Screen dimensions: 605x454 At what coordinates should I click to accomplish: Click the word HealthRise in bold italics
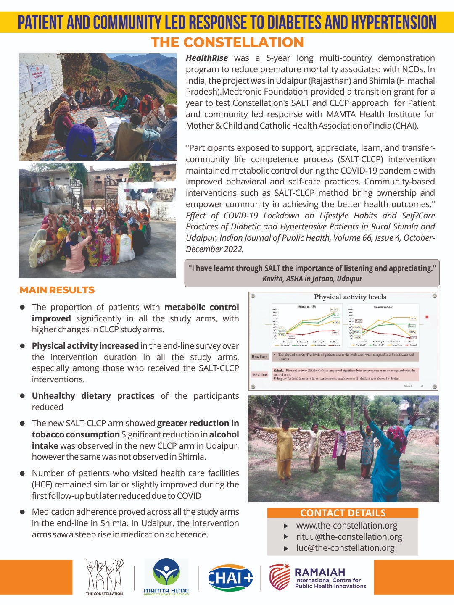[x=207, y=58]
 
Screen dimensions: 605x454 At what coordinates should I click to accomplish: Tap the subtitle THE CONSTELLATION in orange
[x=227, y=42]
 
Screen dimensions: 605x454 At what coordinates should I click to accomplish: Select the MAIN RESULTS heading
[x=57, y=290]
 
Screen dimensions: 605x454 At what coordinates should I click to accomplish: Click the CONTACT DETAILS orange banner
[x=343, y=513]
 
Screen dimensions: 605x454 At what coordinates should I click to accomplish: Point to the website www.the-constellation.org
[x=346, y=526]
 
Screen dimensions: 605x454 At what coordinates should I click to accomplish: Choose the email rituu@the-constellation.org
[x=349, y=537]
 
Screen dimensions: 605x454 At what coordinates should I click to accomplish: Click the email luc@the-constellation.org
[x=345, y=548]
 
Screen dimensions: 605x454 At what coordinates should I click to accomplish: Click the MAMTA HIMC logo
[x=166, y=577]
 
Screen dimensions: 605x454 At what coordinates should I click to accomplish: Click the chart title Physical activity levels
[x=350, y=297]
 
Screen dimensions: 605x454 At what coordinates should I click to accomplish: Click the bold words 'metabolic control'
[x=202, y=307]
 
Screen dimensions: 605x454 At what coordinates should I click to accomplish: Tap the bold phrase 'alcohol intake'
[x=224, y=434]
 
